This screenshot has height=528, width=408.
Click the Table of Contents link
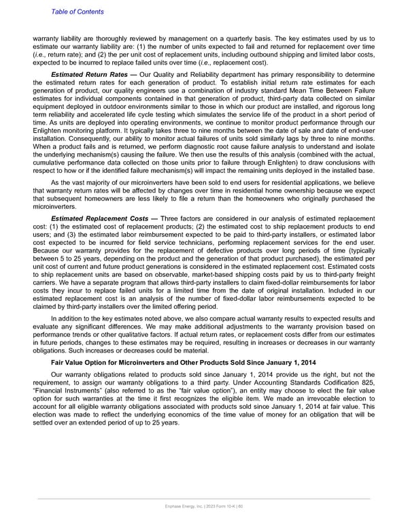pyautogui.click(x=76, y=12)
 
